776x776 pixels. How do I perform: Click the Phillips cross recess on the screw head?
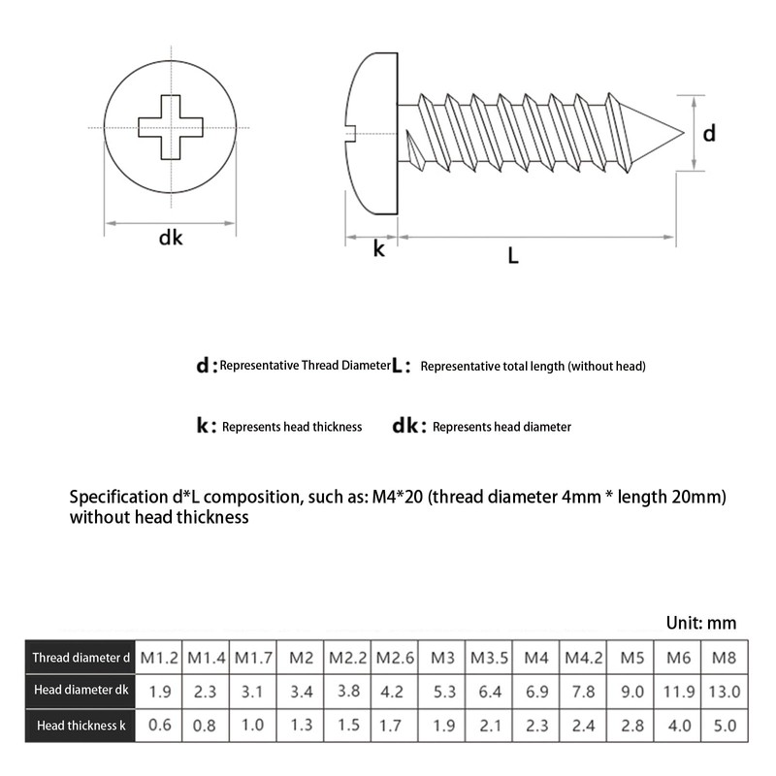click(x=171, y=127)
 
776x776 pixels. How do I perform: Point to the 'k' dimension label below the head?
click(x=379, y=249)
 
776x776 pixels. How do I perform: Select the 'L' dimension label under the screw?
click(x=513, y=256)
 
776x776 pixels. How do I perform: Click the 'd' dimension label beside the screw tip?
click(x=709, y=134)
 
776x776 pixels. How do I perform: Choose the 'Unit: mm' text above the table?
click(x=701, y=623)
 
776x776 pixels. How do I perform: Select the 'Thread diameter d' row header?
click(x=81, y=658)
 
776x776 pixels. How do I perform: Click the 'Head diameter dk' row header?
click(x=81, y=692)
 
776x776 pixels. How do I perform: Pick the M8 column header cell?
click(x=724, y=658)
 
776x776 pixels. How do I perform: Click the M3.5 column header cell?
click(x=490, y=658)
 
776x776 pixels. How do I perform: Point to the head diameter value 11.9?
click(x=678, y=692)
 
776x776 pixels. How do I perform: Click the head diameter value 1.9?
click(x=160, y=692)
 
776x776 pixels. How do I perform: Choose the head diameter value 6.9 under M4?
click(x=536, y=692)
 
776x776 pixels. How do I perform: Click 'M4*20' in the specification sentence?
click(x=395, y=498)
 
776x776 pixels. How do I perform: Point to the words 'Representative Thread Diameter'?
click(x=305, y=366)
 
